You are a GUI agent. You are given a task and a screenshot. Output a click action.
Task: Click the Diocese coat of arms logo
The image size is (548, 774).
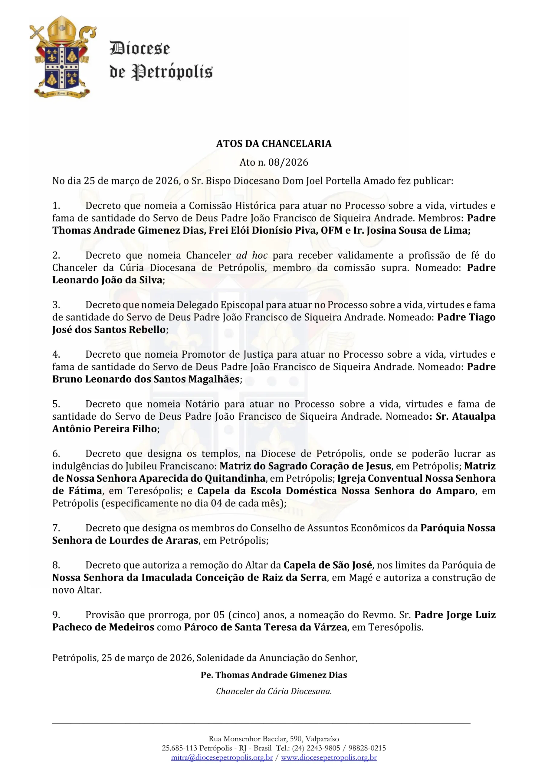[62, 57]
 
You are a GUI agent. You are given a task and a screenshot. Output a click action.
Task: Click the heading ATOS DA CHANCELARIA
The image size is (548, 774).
[274, 144]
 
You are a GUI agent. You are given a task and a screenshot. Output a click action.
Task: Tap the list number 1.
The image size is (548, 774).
[56, 206]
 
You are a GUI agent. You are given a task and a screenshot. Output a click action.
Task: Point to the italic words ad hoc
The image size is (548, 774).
[252, 255]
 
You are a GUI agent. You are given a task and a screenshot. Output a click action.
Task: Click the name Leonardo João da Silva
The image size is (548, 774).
[107, 280]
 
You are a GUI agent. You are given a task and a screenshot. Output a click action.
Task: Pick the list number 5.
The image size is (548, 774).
[56, 404]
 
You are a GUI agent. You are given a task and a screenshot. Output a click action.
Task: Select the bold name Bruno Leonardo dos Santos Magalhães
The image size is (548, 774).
[146, 379]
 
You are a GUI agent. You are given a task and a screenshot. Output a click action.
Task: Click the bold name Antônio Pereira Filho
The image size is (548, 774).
[105, 429]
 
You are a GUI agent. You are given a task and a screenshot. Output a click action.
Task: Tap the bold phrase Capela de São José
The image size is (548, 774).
[328, 565]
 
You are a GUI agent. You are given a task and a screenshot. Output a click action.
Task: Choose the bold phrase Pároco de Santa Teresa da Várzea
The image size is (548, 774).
[265, 627]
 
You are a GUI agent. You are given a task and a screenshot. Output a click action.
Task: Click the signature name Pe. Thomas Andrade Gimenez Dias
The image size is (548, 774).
[274, 675]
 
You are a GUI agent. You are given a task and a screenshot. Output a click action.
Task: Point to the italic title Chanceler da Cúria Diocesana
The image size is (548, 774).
[274, 691]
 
